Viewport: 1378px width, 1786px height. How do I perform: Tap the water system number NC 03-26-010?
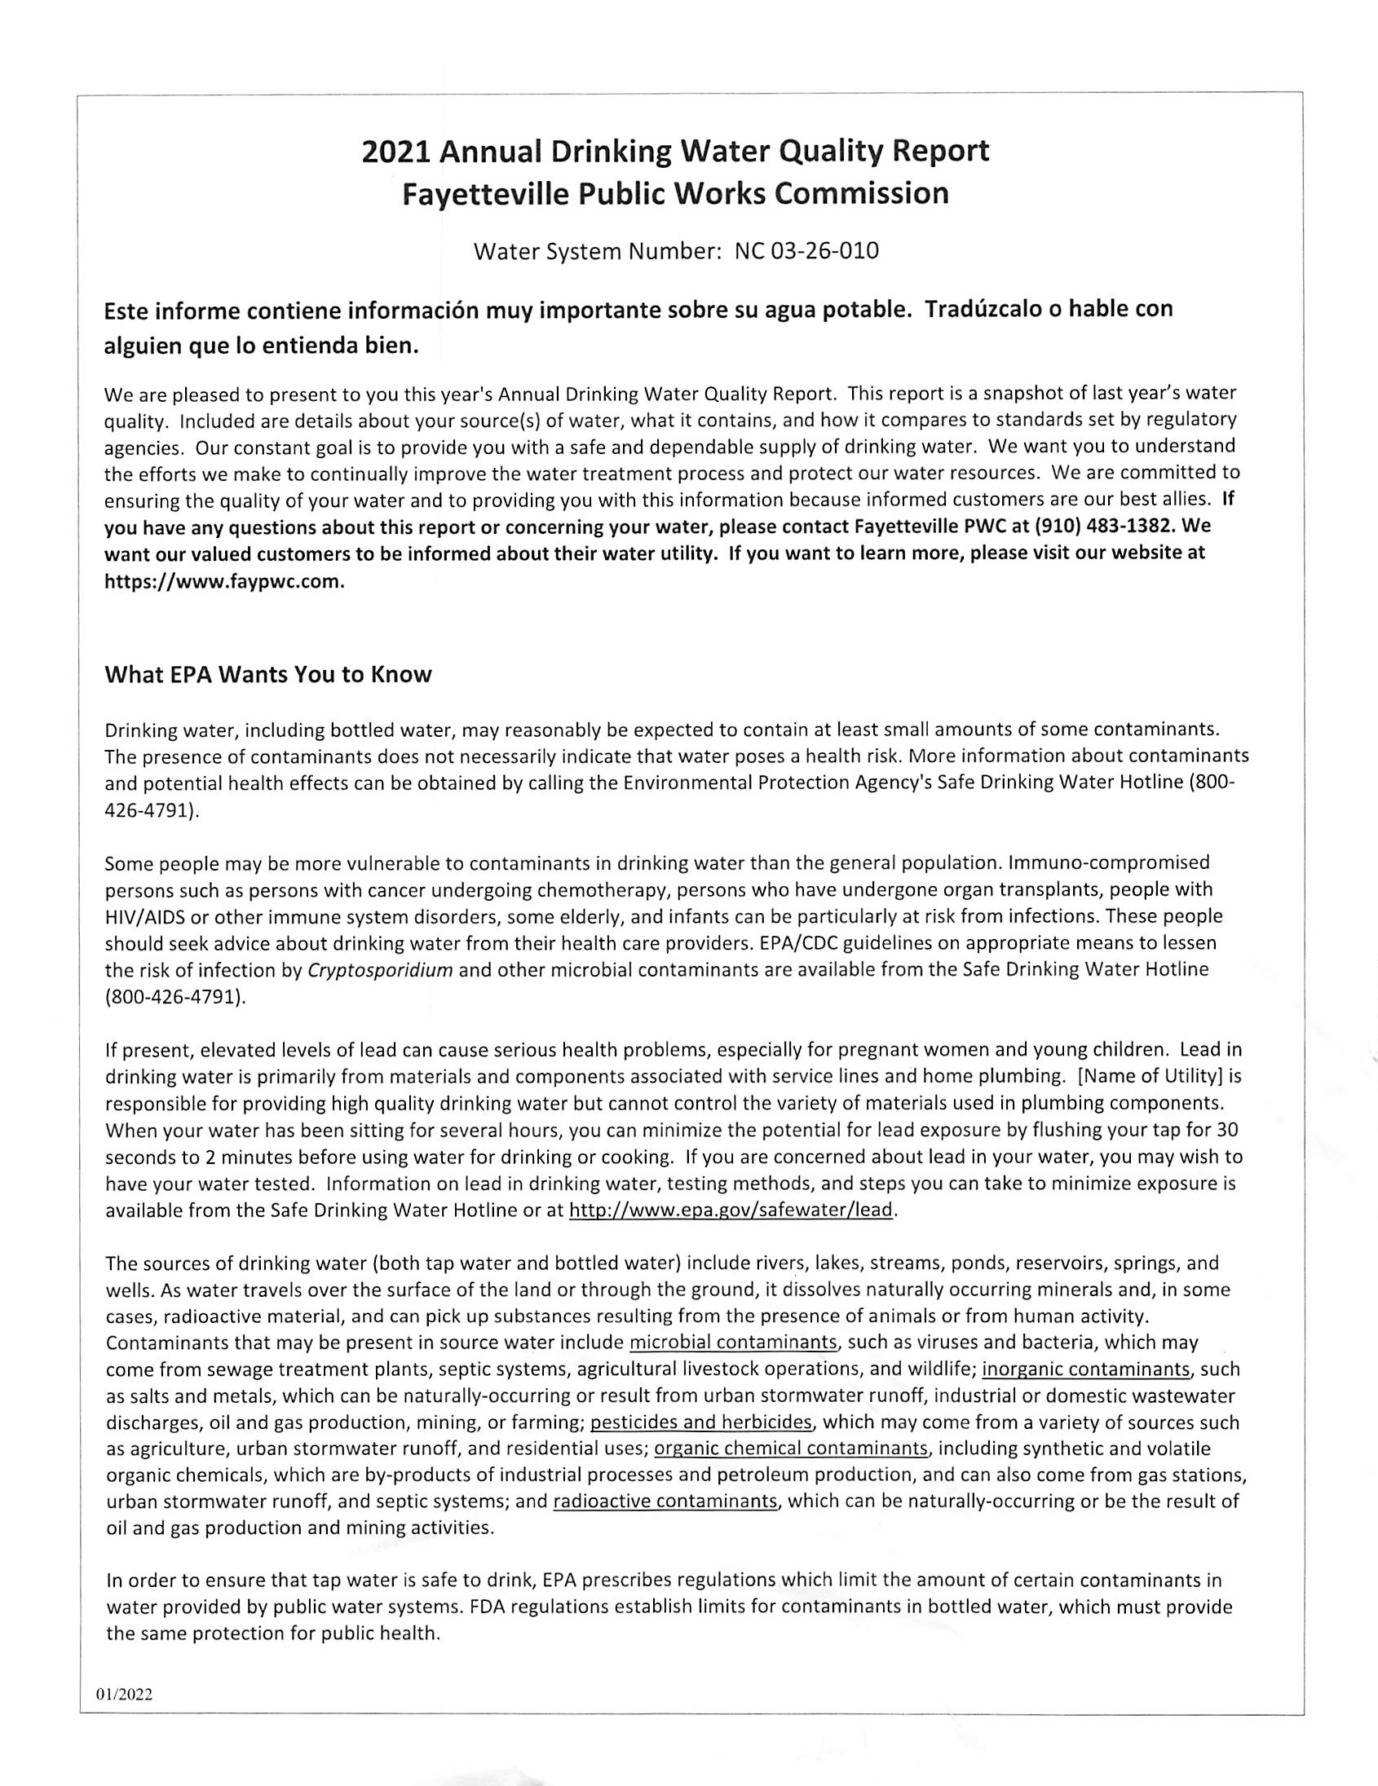click(806, 251)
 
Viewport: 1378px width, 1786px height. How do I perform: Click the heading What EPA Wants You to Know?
click(268, 675)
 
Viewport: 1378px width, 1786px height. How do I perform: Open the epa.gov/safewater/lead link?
click(731, 1211)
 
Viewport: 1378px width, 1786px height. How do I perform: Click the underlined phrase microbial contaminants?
click(734, 1342)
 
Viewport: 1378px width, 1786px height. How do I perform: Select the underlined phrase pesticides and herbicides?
click(701, 1422)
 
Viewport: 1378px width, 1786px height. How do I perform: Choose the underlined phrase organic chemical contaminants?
click(792, 1449)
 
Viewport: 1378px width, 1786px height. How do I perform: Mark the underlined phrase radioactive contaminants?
click(665, 1502)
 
